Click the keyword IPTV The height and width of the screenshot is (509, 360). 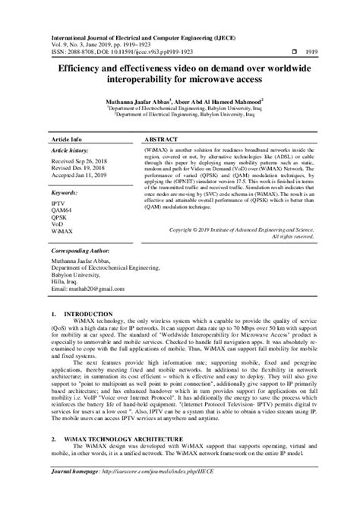[58, 194]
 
